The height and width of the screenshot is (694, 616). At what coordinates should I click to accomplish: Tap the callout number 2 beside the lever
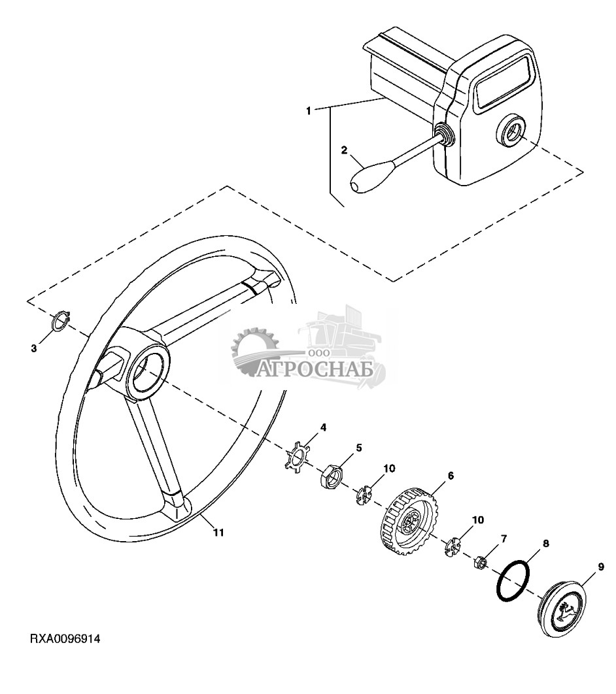344,150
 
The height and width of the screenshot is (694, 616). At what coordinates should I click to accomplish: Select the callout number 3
34,348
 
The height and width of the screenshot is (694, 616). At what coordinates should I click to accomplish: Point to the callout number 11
218,533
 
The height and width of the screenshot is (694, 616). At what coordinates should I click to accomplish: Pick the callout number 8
545,543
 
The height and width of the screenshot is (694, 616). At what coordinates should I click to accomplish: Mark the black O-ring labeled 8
511,579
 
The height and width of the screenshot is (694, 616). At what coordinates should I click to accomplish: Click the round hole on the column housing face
511,131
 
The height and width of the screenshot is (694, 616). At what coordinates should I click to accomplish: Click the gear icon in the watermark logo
254,352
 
